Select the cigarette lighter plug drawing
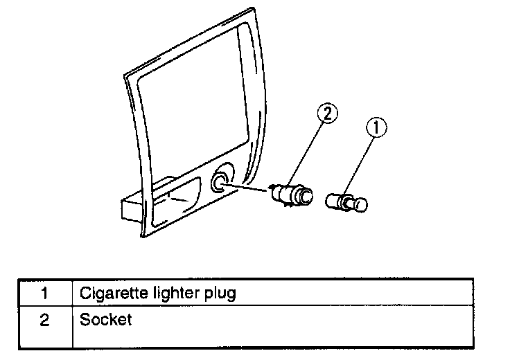tap(346, 201)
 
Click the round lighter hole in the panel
tap(220, 183)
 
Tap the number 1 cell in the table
tap(44, 293)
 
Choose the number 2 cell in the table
tap(44, 321)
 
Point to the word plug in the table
tap(218, 293)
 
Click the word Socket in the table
tap(105, 321)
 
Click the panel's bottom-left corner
tap(144, 235)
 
